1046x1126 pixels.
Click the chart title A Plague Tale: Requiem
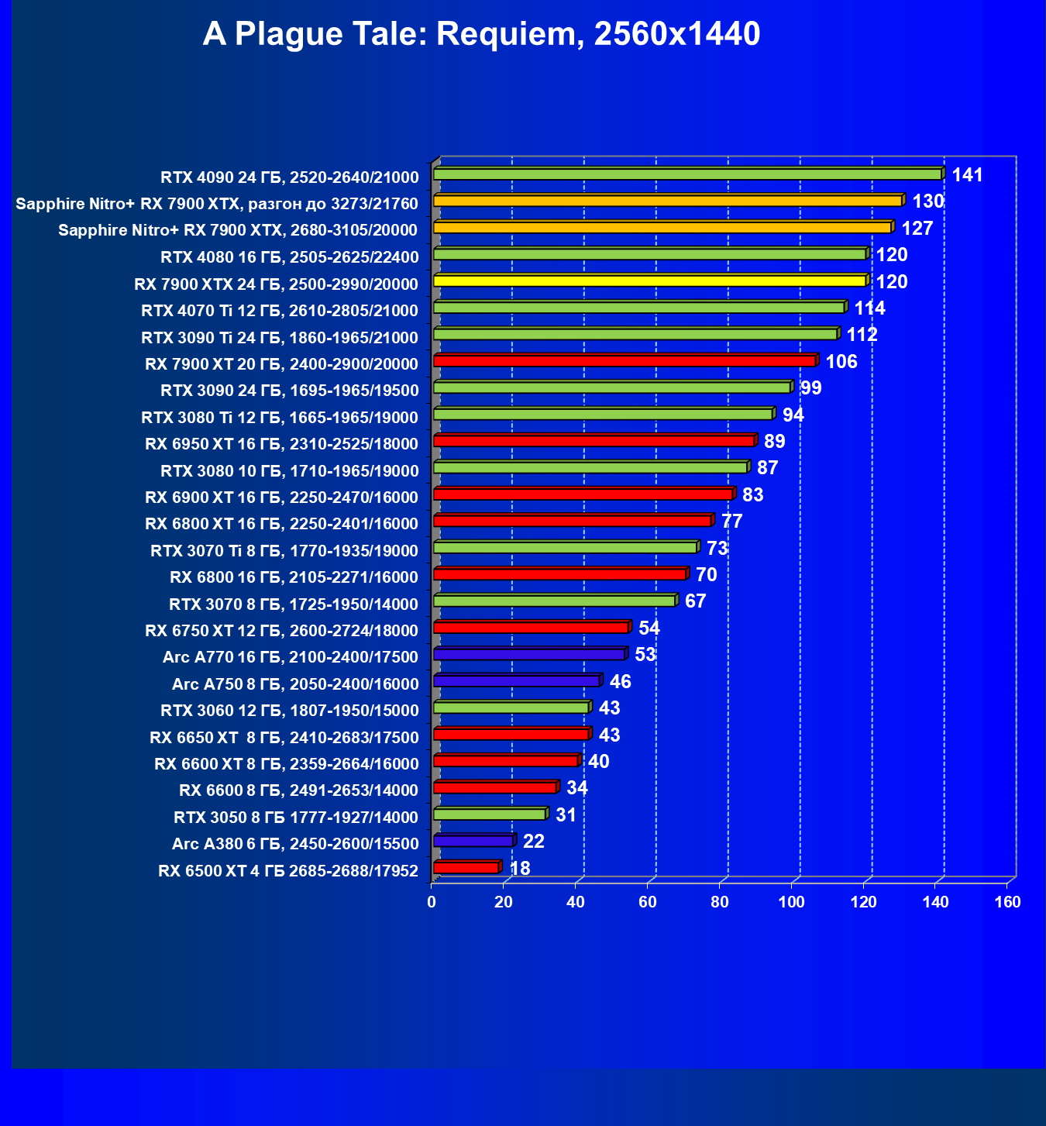click(x=481, y=35)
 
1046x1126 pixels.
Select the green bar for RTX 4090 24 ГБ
click(x=688, y=174)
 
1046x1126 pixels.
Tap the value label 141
click(x=967, y=175)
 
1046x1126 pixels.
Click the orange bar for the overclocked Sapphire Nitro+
click(x=668, y=201)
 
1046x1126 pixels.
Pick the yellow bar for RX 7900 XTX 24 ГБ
click(x=650, y=281)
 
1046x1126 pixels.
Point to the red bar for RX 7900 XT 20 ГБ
click(x=625, y=361)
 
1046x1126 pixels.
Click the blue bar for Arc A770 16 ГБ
click(x=529, y=655)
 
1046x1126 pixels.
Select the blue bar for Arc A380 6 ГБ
click(x=473, y=841)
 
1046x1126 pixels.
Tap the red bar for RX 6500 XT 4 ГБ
click(x=466, y=868)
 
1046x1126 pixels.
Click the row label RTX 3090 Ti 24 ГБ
click(x=280, y=338)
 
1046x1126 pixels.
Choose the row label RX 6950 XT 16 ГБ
click(x=281, y=444)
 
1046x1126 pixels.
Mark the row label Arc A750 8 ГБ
click(x=295, y=684)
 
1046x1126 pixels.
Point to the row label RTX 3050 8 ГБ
click(x=296, y=818)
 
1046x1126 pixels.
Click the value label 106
click(x=841, y=362)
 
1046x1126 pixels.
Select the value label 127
click(x=917, y=229)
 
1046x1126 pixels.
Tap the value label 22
click(x=534, y=842)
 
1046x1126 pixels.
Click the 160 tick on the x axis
click(x=1008, y=902)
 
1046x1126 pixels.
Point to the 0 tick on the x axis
click(x=432, y=902)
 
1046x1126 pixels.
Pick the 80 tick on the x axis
click(x=720, y=902)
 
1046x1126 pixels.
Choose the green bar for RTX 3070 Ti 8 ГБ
click(x=566, y=548)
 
